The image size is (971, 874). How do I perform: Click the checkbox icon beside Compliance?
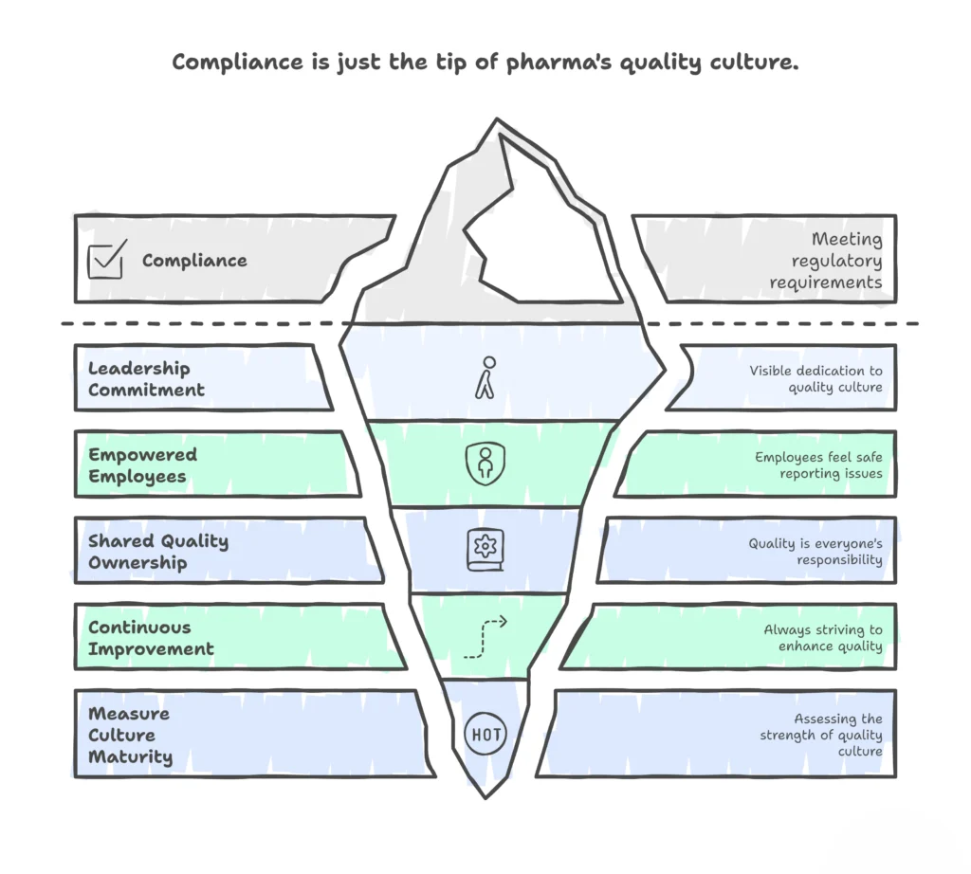tap(106, 260)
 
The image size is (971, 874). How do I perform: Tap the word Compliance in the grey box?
tap(194, 261)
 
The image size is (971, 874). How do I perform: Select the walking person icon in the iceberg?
tap(485, 377)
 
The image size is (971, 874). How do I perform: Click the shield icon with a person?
tap(484, 464)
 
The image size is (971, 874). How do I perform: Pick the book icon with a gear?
tap(485, 550)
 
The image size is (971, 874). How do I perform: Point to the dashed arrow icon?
tap(485, 637)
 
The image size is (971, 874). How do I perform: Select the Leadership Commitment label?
tap(146, 379)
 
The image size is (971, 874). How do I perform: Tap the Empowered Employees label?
tap(142, 465)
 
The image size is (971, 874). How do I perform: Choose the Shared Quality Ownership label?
tap(158, 552)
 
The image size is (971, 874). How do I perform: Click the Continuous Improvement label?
tap(151, 638)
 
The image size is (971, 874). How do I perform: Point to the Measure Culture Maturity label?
tap(130, 735)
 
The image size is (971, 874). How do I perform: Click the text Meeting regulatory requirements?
tap(825, 261)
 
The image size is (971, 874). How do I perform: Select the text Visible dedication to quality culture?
tap(815, 378)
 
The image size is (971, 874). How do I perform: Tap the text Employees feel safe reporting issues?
tap(818, 464)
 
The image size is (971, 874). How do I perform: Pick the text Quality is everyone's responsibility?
tap(815, 551)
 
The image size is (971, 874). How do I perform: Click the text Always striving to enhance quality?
tap(823, 637)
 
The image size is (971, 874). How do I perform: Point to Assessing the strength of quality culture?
tap(821, 735)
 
